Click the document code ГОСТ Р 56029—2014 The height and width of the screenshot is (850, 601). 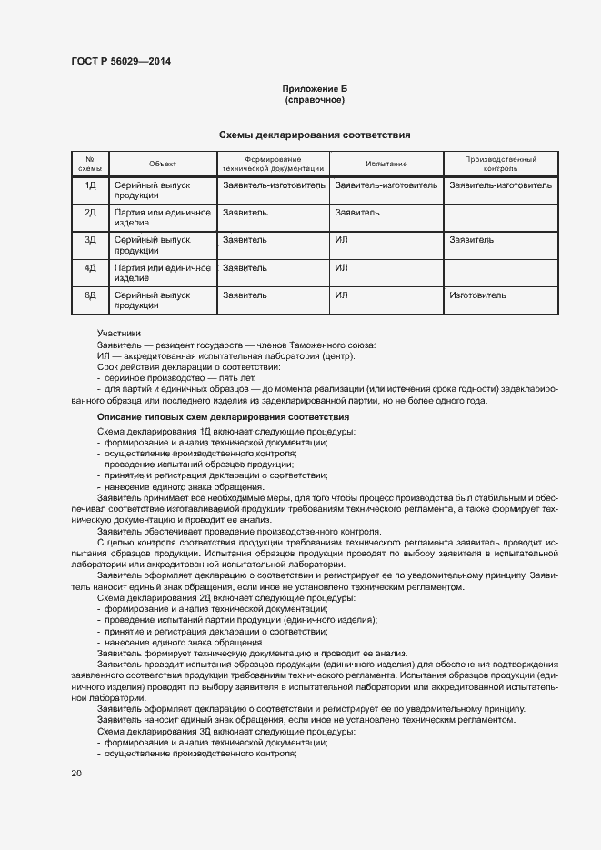[120, 61]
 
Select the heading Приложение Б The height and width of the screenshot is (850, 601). [315, 88]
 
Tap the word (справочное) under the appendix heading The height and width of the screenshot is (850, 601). [315, 99]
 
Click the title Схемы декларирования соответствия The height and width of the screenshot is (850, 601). [315, 135]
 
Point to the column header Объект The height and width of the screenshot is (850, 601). [163, 164]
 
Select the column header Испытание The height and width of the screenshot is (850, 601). [386, 164]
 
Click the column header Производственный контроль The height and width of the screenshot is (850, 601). [500, 164]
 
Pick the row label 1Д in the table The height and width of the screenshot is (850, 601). [90, 185]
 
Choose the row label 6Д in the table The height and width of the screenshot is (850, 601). [90, 295]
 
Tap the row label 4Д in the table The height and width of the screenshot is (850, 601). [90, 268]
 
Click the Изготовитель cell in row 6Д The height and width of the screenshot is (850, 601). [477, 295]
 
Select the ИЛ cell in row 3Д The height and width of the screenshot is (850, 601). [342, 240]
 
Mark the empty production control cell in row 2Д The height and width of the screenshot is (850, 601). [500, 218]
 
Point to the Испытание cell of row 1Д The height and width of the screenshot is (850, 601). [386, 185]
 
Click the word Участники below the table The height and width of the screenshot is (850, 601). [119, 334]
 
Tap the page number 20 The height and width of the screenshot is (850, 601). [76, 773]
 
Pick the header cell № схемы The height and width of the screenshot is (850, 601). [90, 164]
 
